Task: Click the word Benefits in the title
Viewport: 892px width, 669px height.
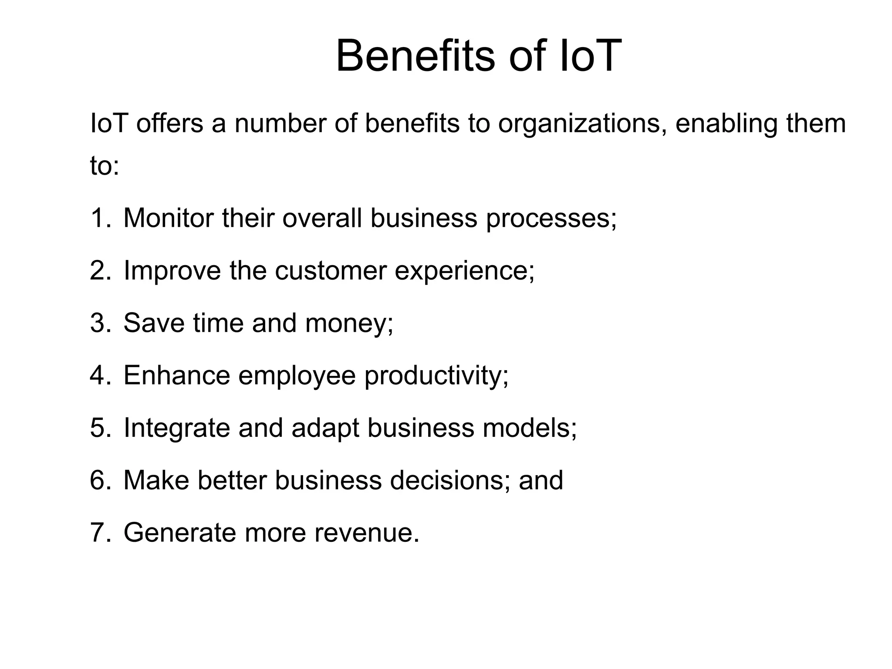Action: (416, 56)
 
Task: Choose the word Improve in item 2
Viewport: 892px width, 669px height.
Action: (172, 270)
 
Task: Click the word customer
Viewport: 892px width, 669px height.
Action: (331, 270)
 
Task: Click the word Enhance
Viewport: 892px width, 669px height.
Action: (177, 375)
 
